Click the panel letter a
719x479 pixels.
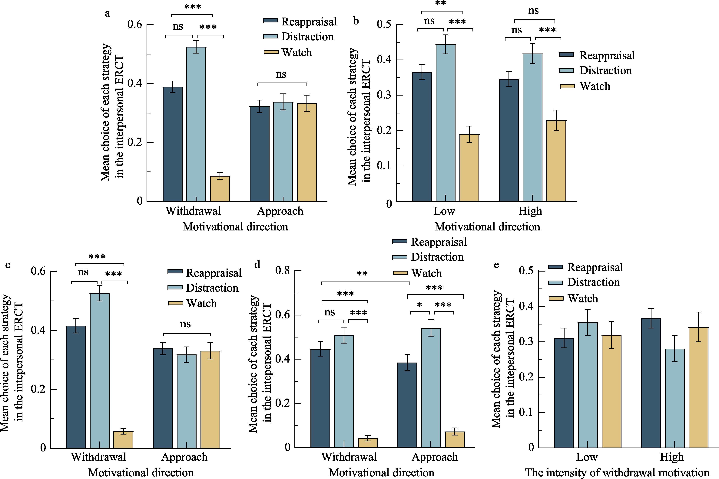[107, 13]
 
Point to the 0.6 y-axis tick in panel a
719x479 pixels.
[135, 24]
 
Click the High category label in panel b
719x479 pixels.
[530, 211]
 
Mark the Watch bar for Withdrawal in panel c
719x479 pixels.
[123, 440]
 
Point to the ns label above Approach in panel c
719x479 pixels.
[186, 324]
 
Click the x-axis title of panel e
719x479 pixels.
[617, 472]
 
